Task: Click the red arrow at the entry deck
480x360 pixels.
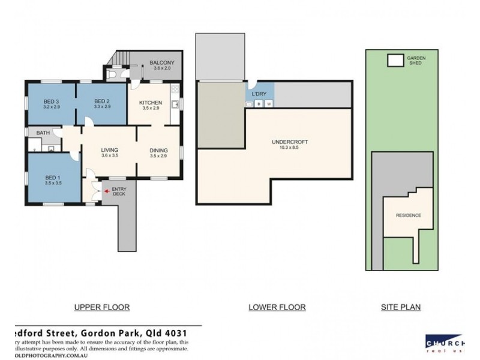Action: click(107, 191)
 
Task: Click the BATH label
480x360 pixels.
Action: click(43, 133)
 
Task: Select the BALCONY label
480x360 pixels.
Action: click(161, 62)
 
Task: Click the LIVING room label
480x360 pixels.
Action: click(109, 150)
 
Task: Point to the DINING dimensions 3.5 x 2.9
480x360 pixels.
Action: click(158, 156)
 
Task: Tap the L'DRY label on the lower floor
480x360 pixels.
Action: click(259, 94)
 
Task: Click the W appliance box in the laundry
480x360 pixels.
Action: click(269, 104)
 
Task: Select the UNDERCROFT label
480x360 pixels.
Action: click(286, 142)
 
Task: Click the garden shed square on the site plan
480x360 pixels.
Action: click(395, 61)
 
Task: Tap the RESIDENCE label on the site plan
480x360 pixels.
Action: click(408, 215)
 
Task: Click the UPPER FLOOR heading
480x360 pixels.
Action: click(101, 307)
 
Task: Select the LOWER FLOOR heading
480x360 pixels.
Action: click(277, 307)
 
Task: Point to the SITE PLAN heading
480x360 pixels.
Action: click(401, 307)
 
